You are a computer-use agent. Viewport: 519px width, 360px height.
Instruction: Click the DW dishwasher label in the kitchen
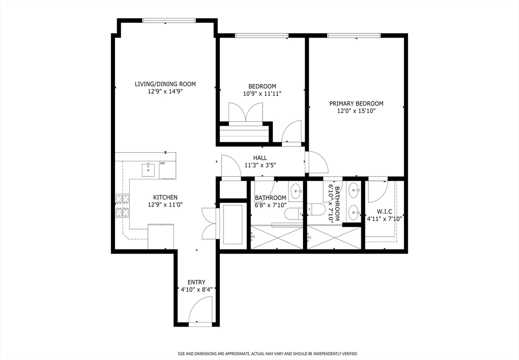point(163,163)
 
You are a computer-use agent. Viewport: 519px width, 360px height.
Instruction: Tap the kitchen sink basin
point(148,169)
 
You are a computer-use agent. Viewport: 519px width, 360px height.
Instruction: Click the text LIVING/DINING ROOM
point(165,84)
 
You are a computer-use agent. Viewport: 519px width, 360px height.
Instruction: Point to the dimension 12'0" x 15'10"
point(356,111)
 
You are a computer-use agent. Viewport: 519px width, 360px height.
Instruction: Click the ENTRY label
point(196,282)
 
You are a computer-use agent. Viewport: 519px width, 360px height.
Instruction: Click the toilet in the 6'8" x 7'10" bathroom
point(292,212)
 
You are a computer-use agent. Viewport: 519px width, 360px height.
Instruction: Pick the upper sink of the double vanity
point(353,191)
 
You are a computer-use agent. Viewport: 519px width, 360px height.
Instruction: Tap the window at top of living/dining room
point(169,20)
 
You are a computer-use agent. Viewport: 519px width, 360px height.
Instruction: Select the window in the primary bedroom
point(353,35)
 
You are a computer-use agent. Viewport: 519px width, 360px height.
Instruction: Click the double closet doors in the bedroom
point(245,113)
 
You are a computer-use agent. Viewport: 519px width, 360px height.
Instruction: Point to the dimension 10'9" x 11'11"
point(262,93)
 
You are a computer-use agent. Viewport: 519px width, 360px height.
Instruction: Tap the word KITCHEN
point(165,197)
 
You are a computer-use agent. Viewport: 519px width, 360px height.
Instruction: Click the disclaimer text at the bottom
point(268,353)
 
